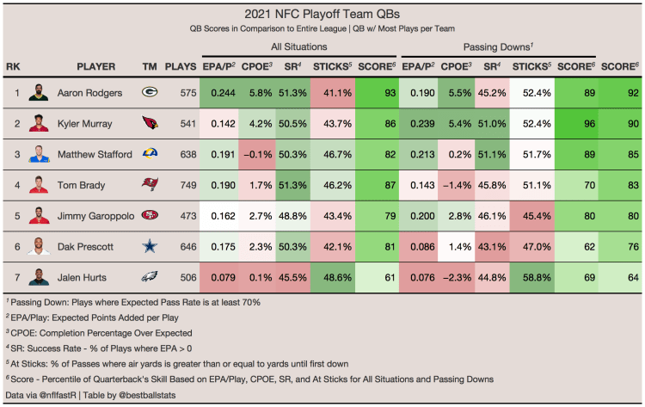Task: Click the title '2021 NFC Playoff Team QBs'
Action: (x=322, y=15)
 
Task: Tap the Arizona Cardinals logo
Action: (x=150, y=124)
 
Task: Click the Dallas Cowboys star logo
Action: (x=150, y=246)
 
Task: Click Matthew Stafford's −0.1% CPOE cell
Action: (x=258, y=154)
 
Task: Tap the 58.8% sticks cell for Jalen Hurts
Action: (x=530, y=277)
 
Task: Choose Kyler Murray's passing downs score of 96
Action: (x=576, y=124)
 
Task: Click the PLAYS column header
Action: (x=180, y=66)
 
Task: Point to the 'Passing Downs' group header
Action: (x=499, y=47)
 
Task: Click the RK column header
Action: (x=12, y=66)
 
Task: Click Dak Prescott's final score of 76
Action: (x=619, y=246)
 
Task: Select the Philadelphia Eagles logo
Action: (x=150, y=277)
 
